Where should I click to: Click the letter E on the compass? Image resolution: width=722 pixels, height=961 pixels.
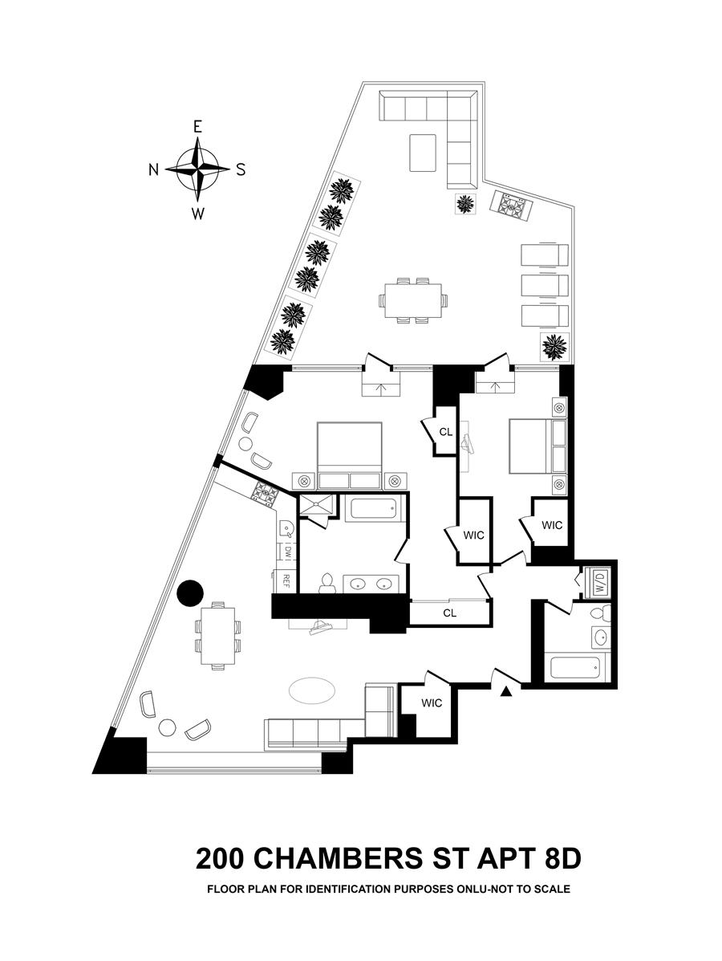point(197,127)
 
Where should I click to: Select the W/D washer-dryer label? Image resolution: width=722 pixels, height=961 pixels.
point(600,582)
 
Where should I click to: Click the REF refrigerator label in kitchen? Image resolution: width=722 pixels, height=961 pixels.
point(284,580)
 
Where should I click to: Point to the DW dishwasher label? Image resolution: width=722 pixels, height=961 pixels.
point(285,552)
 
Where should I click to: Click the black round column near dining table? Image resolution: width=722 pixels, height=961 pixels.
point(190,594)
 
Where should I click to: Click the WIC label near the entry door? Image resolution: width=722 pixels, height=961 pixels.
point(432,703)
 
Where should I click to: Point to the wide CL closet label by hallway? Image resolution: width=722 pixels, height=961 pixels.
point(449,613)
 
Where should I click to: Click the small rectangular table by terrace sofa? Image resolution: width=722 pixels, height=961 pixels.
point(424,153)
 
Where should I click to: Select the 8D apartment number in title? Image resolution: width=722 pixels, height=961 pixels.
point(556,858)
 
